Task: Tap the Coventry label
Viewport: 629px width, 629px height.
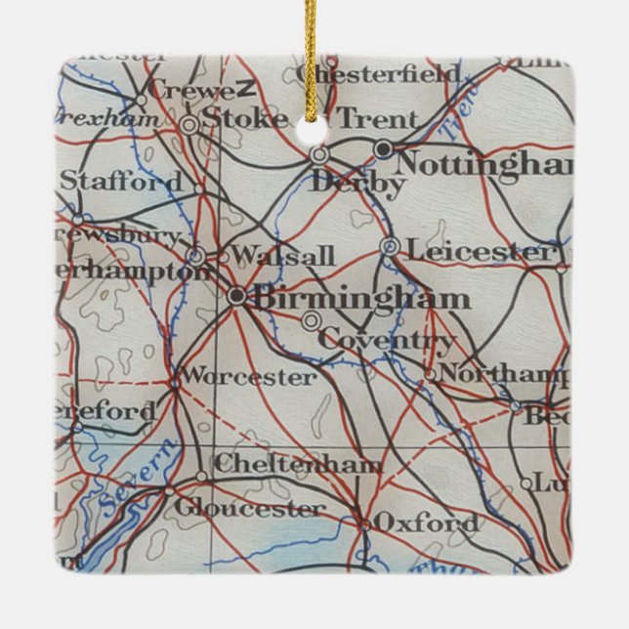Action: coord(386,342)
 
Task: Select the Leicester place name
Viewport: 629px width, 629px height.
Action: coord(478,251)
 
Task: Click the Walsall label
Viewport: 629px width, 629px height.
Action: coord(284,257)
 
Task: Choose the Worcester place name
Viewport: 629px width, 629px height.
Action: coord(249,376)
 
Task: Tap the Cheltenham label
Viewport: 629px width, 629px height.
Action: coord(297,465)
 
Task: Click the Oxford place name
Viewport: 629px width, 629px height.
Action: coord(427,524)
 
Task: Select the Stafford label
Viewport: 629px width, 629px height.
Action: coord(120,182)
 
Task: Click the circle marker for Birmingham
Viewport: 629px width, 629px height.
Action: coord(237,295)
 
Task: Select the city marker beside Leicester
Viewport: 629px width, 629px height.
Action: coord(390,246)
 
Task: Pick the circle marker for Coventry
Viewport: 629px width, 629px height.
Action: coord(311,320)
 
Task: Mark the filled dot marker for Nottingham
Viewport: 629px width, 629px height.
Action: coord(383,148)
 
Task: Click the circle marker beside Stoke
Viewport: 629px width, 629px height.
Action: coord(189,124)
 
